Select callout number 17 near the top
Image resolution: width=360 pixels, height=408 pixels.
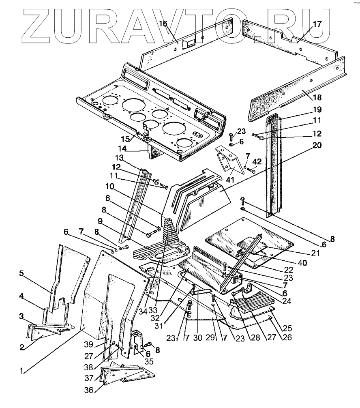(317, 24)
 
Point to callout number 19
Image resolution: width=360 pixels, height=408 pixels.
(317, 110)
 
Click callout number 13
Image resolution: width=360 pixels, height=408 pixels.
(118, 158)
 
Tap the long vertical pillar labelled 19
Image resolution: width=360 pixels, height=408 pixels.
(273, 166)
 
